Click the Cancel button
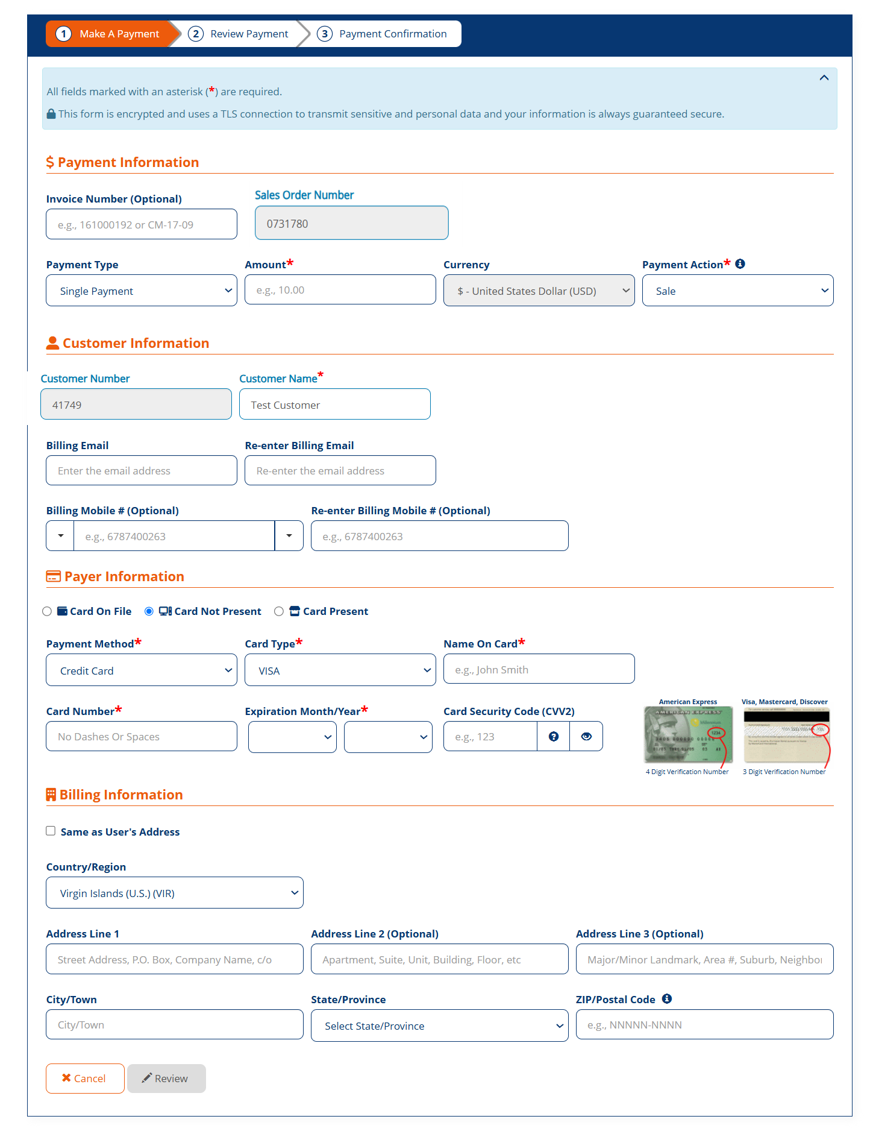tap(85, 1079)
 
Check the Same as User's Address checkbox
tap(51, 831)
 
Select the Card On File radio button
tap(47, 611)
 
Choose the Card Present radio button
tap(279, 611)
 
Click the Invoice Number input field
tap(142, 224)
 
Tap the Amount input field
tap(340, 290)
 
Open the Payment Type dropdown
tap(142, 291)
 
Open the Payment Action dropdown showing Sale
tap(737, 291)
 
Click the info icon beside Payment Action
tap(740, 263)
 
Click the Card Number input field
tap(142, 736)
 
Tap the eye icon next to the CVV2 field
tap(586, 736)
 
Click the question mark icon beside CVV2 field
tap(554, 736)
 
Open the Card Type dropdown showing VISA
tap(340, 670)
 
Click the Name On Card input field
tap(539, 669)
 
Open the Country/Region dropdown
tap(175, 893)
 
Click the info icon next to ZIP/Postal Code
tap(667, 998)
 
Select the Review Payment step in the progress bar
tap(241, 34)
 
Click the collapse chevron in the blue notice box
tap(824, 78)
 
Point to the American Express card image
tap(688, 734)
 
